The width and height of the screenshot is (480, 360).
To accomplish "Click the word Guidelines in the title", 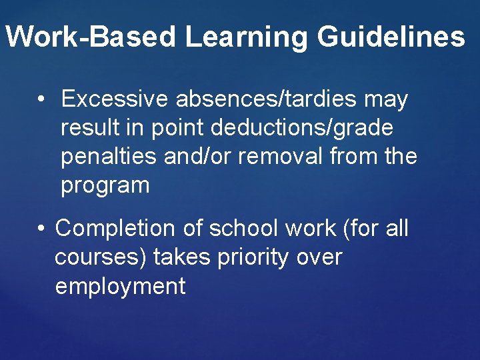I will (x=391, y=37).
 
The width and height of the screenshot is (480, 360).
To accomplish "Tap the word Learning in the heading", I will (x=247, y=37).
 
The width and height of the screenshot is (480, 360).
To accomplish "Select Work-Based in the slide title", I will (x=93, y=37).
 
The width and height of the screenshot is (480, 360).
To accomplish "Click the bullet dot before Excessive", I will (x=41, y=100).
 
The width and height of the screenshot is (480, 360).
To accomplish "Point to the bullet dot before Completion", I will (x=41, y=228).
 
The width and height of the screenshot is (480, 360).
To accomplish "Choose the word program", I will (x=105, y=186).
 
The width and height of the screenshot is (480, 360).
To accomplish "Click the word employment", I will (x=120, y=286).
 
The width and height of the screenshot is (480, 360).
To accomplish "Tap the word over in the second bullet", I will (x=318, y=257).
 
